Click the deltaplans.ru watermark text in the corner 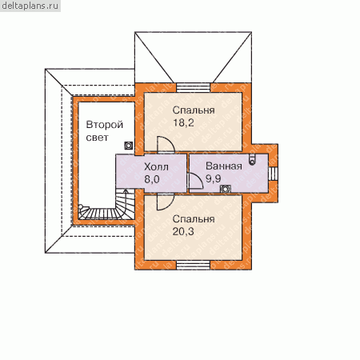[x=30, y=6]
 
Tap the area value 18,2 [x=183, y=122]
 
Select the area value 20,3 [x=183, y=231]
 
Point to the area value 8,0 [x=152, y=179]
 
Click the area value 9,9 [x=214, y=178]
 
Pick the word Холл [x=156, y=167]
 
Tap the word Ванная [x=224, y=166]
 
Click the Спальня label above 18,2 [x=194, y=110]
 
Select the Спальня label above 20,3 [x=194, y=219]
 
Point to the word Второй [x=105, y=125]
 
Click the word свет [x=98, y=138]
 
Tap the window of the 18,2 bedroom [x=194, y=87]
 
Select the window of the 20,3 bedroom [x=194, y=265]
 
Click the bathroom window [x=273, y=174]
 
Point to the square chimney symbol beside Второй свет [x=129, y=146]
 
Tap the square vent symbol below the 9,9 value [x=226, y=189]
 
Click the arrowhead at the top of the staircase [x=125, y=191]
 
